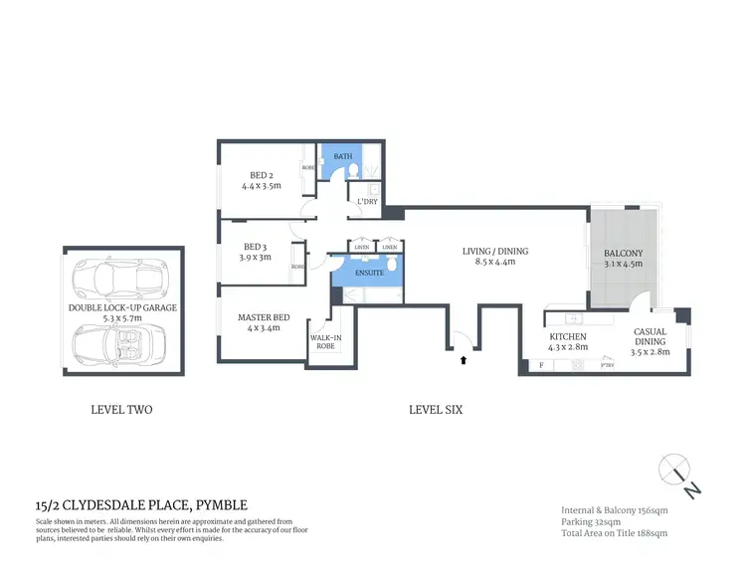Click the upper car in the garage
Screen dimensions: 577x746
(x=120, y=278)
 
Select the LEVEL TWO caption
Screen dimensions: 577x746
(x=121, y=409)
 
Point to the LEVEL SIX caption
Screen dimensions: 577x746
(x=436, y=409)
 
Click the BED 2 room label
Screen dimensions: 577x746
(x=262, y=180)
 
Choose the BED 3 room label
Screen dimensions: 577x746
(x=256, y=252)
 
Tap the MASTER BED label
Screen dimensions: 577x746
(x=264, y=323)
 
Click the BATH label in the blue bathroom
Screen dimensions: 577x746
(x=343, y=156)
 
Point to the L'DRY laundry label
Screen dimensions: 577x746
(x=367, y=202)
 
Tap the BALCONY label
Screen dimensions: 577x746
(x=624, y=259)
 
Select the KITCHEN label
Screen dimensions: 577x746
(x=567, y=342)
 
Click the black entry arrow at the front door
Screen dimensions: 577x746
(x=463, y=362)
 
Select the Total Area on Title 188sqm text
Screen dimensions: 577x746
(x=614, y=534)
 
